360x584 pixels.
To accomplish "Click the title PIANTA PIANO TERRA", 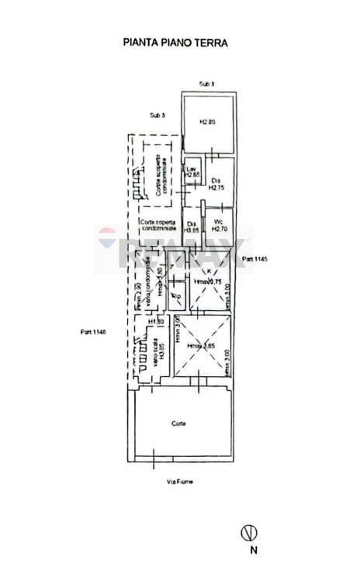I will pyautogui.click(x=175, y=43).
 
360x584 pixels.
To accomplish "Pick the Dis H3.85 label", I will pyautogui.click(x=192, y=226).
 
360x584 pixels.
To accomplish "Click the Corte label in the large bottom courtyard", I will pyautogui.click(x=178, y=423).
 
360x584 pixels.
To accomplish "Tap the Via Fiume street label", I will pyautogui.click(x=179, y=482).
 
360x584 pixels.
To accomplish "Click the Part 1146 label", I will pyautogui.click(x=92, y=332).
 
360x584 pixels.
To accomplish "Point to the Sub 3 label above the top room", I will pyautogui.click(x=206, y=83).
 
